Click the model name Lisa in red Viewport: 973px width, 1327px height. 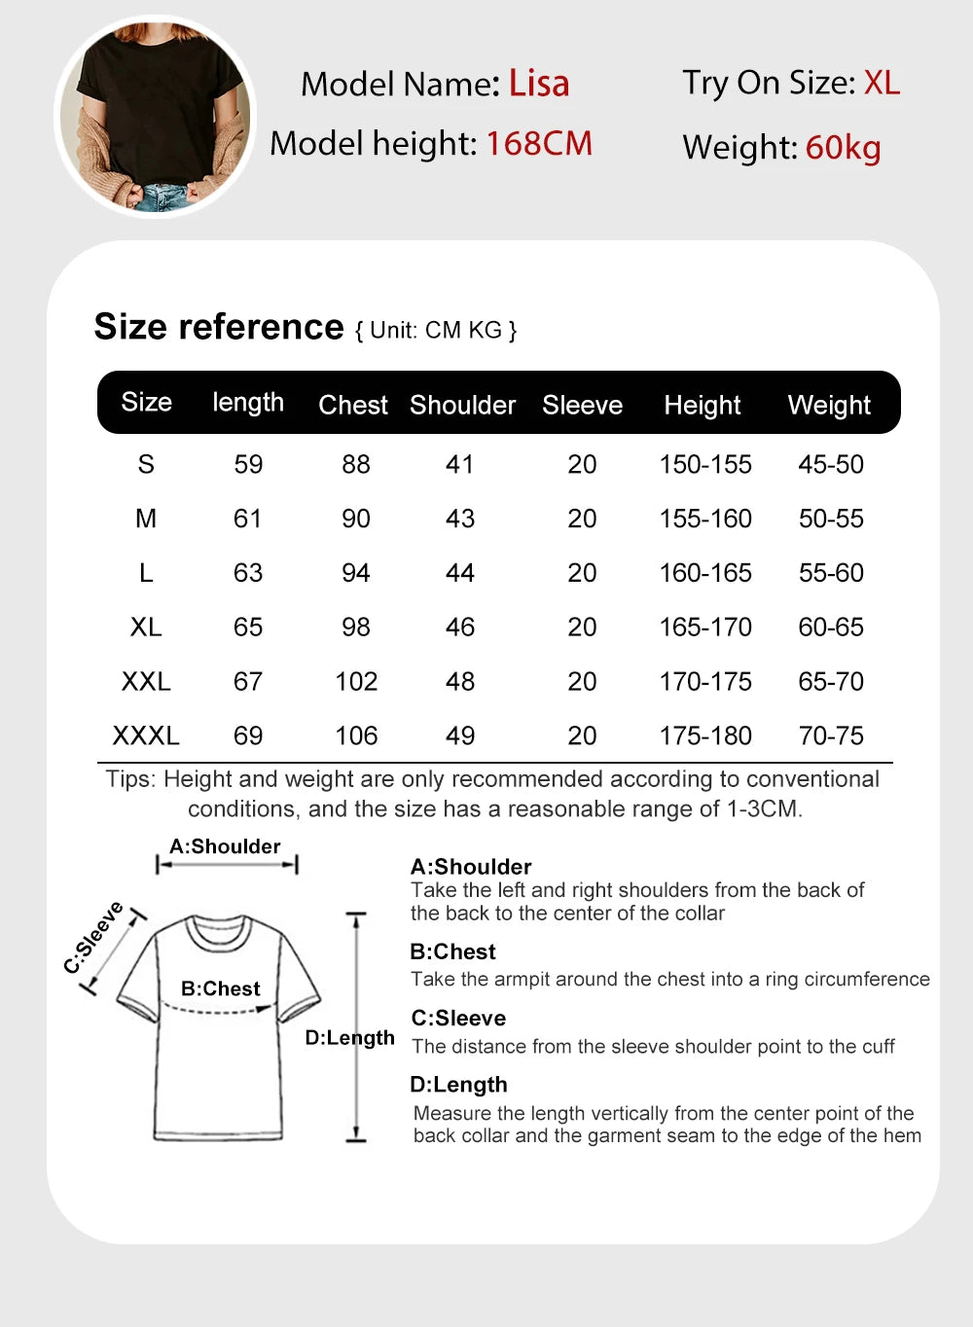[x=538, y=84]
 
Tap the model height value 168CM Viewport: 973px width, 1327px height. [x=538, y=144]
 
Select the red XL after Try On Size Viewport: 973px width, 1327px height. [x=882, y=83]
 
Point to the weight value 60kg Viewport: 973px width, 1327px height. [x=843, y=148]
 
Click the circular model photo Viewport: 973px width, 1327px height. [x=155, y=117]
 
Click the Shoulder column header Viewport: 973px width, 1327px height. [x=462, y=405]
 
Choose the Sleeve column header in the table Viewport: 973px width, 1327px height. [x=582, y=405]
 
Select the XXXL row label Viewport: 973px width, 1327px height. [x=146, y=735]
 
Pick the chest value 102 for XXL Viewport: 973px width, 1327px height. [x=356, y=681]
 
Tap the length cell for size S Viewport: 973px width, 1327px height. [x=248, y=464]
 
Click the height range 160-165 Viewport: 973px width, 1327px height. [x=705, y=573]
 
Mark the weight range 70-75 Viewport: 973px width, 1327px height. [x=831, y=735]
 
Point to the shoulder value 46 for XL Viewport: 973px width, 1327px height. [x=460, y=628]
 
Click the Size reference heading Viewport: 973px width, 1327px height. [x=219, y=327]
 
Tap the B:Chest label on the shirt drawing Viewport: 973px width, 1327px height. [x=221, y=988]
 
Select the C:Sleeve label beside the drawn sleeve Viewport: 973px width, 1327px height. [x=93, y=937]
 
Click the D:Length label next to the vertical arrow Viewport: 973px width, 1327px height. [x=349, y=1038]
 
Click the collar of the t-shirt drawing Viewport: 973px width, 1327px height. [x=220, y=932]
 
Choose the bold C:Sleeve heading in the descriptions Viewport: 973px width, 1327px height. [x=458, y=1018]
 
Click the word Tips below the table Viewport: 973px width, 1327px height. [x=129, y=779]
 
